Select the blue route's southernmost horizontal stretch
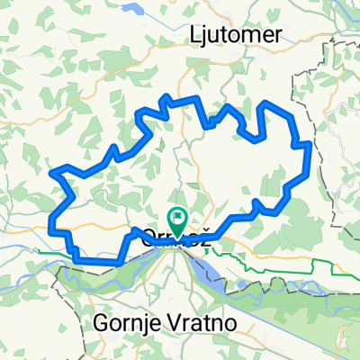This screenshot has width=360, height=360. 94,260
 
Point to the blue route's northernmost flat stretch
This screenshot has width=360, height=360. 184,97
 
